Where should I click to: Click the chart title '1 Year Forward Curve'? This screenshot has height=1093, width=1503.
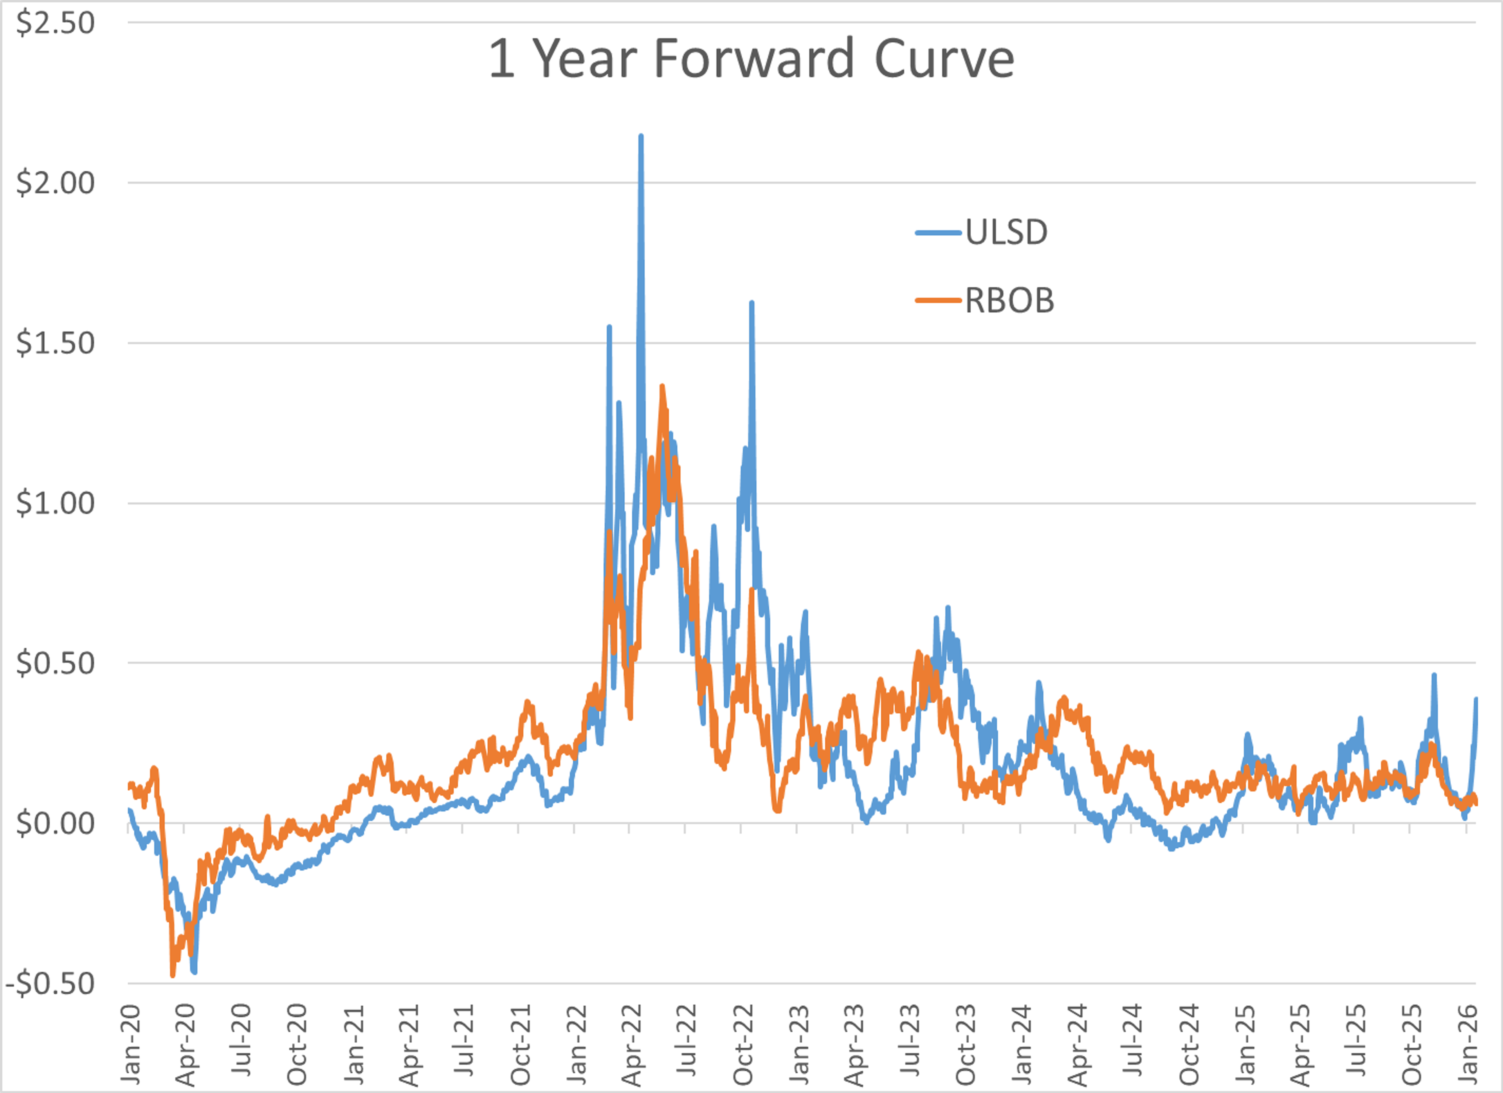(x=751, y=59)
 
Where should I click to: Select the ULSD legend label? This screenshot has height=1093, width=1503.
(x=1006, y=233)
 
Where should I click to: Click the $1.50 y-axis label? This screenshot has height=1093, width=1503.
(x=56, y=343)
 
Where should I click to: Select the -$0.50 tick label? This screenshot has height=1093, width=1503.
(x=50, y=984)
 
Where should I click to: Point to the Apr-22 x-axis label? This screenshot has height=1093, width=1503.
(x=632, y=1045)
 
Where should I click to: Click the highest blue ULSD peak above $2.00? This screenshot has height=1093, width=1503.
(x=641, y=136)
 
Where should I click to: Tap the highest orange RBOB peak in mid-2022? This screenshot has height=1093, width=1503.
(x=662, y=386)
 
